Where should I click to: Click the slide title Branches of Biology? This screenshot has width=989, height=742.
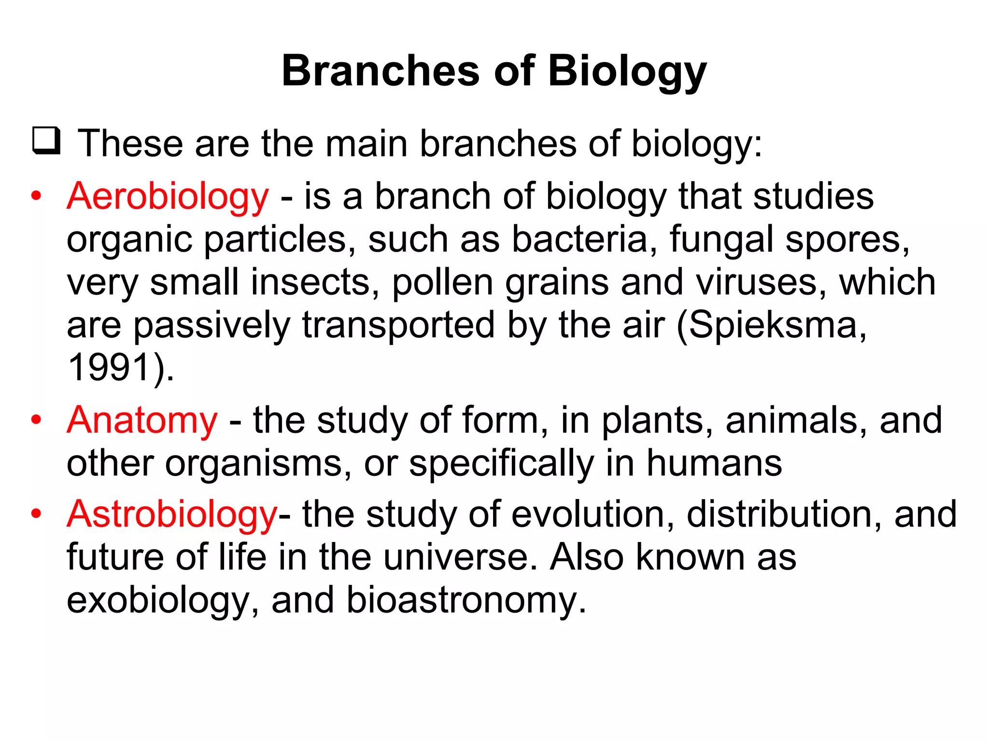click(494, 71)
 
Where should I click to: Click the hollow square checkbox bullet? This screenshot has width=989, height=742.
click(46, 141)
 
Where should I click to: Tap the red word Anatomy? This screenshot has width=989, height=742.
click(142, 420)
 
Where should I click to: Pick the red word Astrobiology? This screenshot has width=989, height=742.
click(172, 514)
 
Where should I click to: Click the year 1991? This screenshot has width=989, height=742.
click(110, 368)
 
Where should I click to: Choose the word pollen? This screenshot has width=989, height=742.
click(442, 282)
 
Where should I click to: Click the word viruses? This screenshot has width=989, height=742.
click(761, 282)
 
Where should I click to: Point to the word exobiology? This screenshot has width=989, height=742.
click(157, 600)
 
